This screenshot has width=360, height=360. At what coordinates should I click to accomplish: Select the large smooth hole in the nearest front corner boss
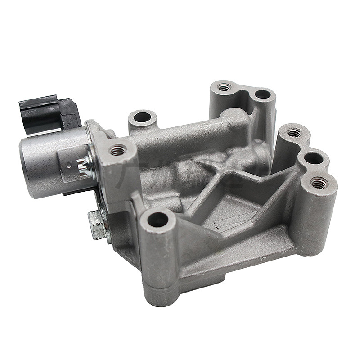pos(158,220)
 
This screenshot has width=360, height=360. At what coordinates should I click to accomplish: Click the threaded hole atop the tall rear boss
pos(224,86)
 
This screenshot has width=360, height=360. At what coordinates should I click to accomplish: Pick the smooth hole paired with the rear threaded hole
pos(262,95)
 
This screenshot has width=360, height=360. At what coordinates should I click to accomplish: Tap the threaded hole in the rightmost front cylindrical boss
pos(319,182)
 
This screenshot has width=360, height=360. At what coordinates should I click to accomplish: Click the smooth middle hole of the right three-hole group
pos(314,158)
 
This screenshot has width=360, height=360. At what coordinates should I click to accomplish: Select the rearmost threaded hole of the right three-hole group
pos(294,133)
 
